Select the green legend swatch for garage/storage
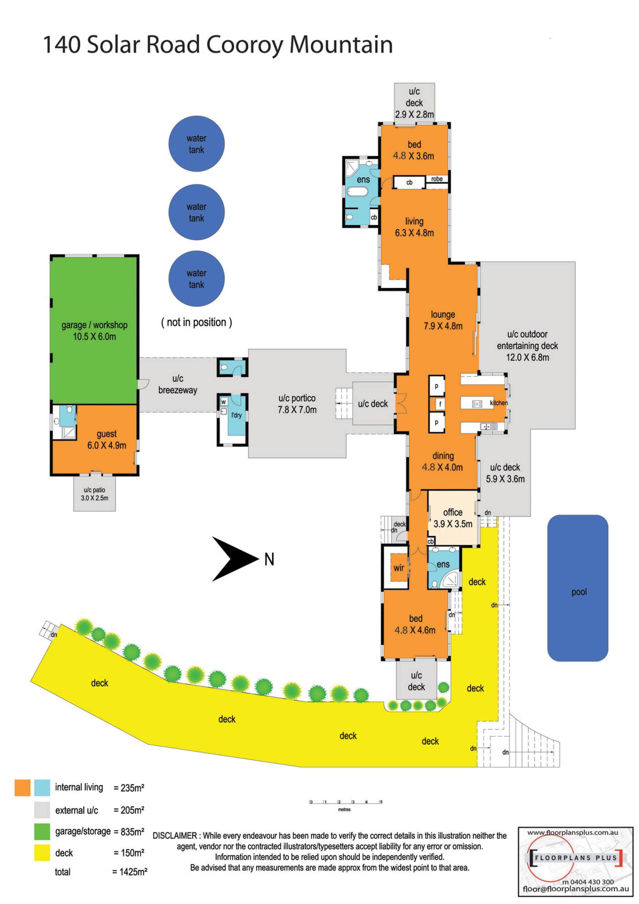pyautogui.click(x=42, y=831)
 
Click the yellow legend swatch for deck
pyautogui.click(x=42, y=852)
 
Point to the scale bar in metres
pyautogui.click(x=345, y=802)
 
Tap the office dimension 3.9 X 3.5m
pyautogui.click(x=453, y=524)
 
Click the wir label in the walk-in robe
pyautogui.click(x=399, y=568)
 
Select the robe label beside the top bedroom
pyautogui.click(x=437, y=179)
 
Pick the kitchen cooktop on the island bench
pyautogui.click(x=477, y=404)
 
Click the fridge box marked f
pyautogui.click(x=440, y=404)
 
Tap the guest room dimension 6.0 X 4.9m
pyautogui.click(x=106, y=445)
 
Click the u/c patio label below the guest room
pyautogui.click(x=95, y=490)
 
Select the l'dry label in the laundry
pyautogui.click(x=236, y=415)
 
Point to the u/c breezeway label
pyautogui.click(x=177, y=384)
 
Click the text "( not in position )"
pyautogui.click(x=196, y=322)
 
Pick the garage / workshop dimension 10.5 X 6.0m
pyautogui.click(x=95, y=337)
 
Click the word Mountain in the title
pyautogui.click(x=341, y=45)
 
